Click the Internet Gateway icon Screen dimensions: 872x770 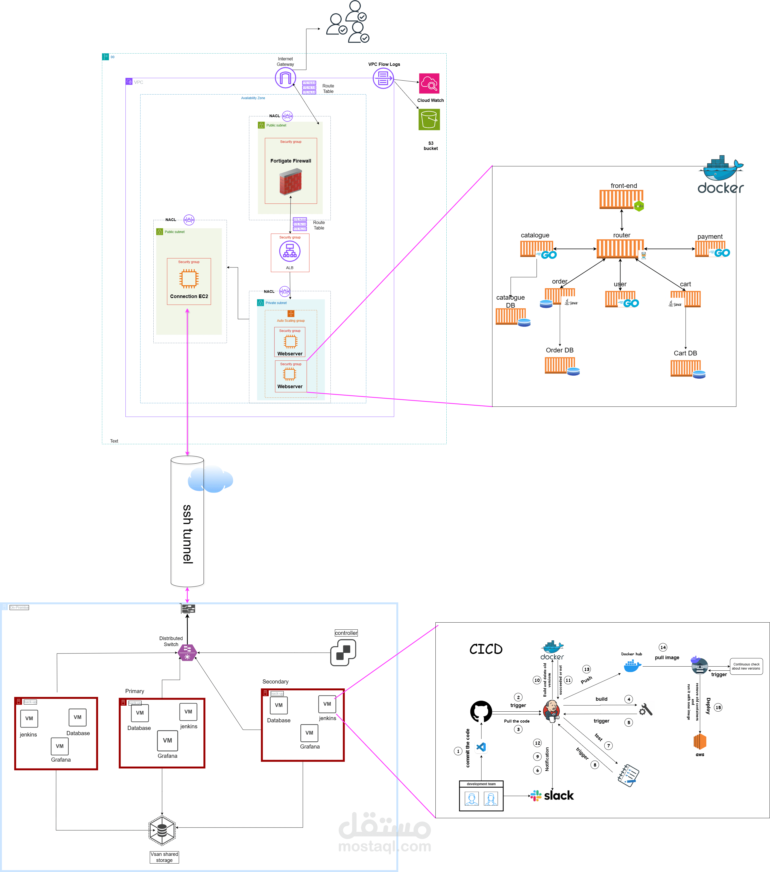point(285,78)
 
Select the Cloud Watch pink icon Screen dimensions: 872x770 point(429,83)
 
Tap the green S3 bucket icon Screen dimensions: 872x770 point(429,119)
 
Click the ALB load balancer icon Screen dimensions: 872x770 point(290,251)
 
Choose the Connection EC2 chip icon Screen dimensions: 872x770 point(189,279)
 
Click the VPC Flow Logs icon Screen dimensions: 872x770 point(383,78)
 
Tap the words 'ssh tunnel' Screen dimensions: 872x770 point(188,534)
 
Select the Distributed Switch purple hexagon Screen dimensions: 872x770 point(187,652)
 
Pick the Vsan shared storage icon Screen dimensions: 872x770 point(162,830)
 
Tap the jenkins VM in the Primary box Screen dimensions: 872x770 point(188,712)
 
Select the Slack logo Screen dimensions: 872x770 point(552,796)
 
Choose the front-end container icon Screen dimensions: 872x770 point(621,199)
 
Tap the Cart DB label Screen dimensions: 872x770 point(685,353)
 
